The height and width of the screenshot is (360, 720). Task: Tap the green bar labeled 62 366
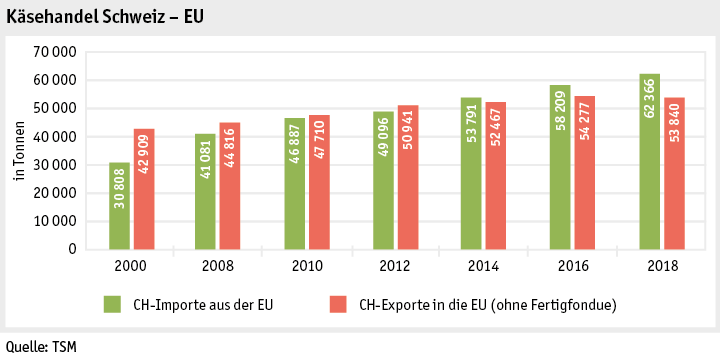tap(650, 161)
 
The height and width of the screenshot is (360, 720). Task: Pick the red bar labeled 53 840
tap(674, 173)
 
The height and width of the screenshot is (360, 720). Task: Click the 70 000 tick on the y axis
tap(57, 51)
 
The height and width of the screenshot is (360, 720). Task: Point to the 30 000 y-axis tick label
tap(57, 164)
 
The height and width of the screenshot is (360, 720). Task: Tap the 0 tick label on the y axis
tap(73, 249)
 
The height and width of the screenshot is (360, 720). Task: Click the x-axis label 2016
tap(573, 267)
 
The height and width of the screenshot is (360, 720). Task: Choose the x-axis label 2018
tap(662, 267)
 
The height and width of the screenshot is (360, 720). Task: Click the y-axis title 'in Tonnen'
tap(19, 150)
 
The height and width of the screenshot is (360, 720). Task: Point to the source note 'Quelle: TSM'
tap(39, 347)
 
